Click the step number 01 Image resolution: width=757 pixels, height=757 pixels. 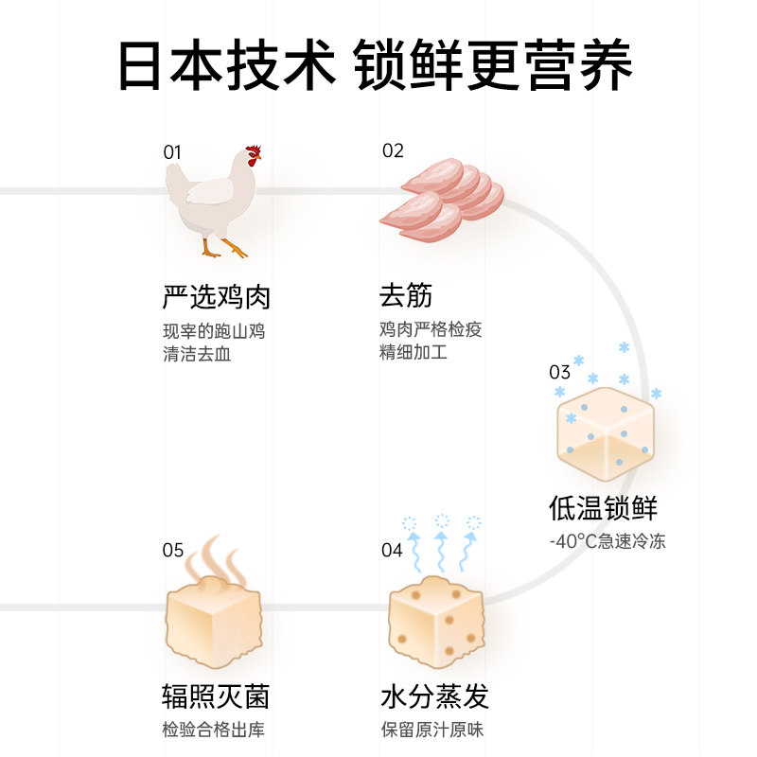[x=171, y=151]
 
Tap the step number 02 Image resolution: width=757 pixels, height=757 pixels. [x=393, y=150]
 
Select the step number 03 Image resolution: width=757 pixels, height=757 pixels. [x=560, y=372]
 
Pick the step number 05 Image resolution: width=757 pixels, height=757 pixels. [x=172, y=550]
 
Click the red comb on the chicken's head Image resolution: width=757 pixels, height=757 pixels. [x=253, y=151]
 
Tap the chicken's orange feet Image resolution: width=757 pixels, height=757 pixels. [x=223, y=249]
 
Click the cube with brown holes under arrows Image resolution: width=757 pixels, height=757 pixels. [x=436, y=621]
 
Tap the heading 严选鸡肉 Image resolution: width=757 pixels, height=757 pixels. [x=217, y=297]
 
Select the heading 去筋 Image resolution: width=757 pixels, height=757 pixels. [x=406, y=297]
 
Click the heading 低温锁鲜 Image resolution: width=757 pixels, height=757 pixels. [x=602, y=508]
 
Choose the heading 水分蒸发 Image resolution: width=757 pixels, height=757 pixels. [x=434, y=698]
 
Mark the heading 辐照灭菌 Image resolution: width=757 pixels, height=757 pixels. [x=216, y=698]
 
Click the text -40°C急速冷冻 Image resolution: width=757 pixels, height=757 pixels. [x=607, y=543]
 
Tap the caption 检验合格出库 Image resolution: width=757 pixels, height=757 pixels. [x=215, y=731]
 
